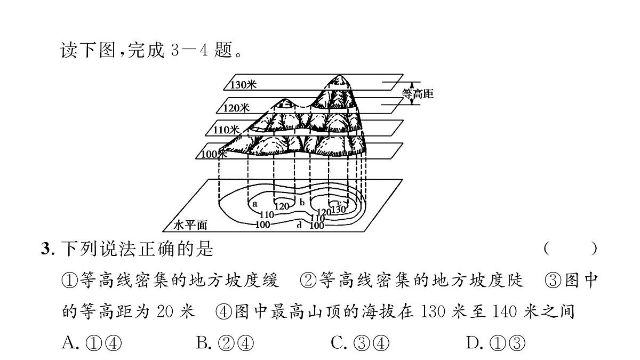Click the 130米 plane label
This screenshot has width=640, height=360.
(243, 85)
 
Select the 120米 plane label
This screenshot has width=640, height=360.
(236, 108)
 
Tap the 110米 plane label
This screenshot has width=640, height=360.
(226, 130)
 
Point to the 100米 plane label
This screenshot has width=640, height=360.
(214, 154)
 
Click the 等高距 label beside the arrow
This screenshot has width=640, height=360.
(418, 94)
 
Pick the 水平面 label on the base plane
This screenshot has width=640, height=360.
(190, 225)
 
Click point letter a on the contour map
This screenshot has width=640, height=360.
(255, 204)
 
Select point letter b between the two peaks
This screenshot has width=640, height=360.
(302, 202)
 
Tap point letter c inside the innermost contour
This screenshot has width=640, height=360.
(339, 203)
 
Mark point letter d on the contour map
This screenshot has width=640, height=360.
(299, 225)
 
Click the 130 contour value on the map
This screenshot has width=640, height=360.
(339, 210)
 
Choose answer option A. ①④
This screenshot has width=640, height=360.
(92, 342)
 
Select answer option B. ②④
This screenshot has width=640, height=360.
(225, 342)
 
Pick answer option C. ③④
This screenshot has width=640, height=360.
(360, 342)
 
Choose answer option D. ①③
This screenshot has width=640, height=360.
(495, 342)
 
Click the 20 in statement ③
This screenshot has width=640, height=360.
(165, 311)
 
